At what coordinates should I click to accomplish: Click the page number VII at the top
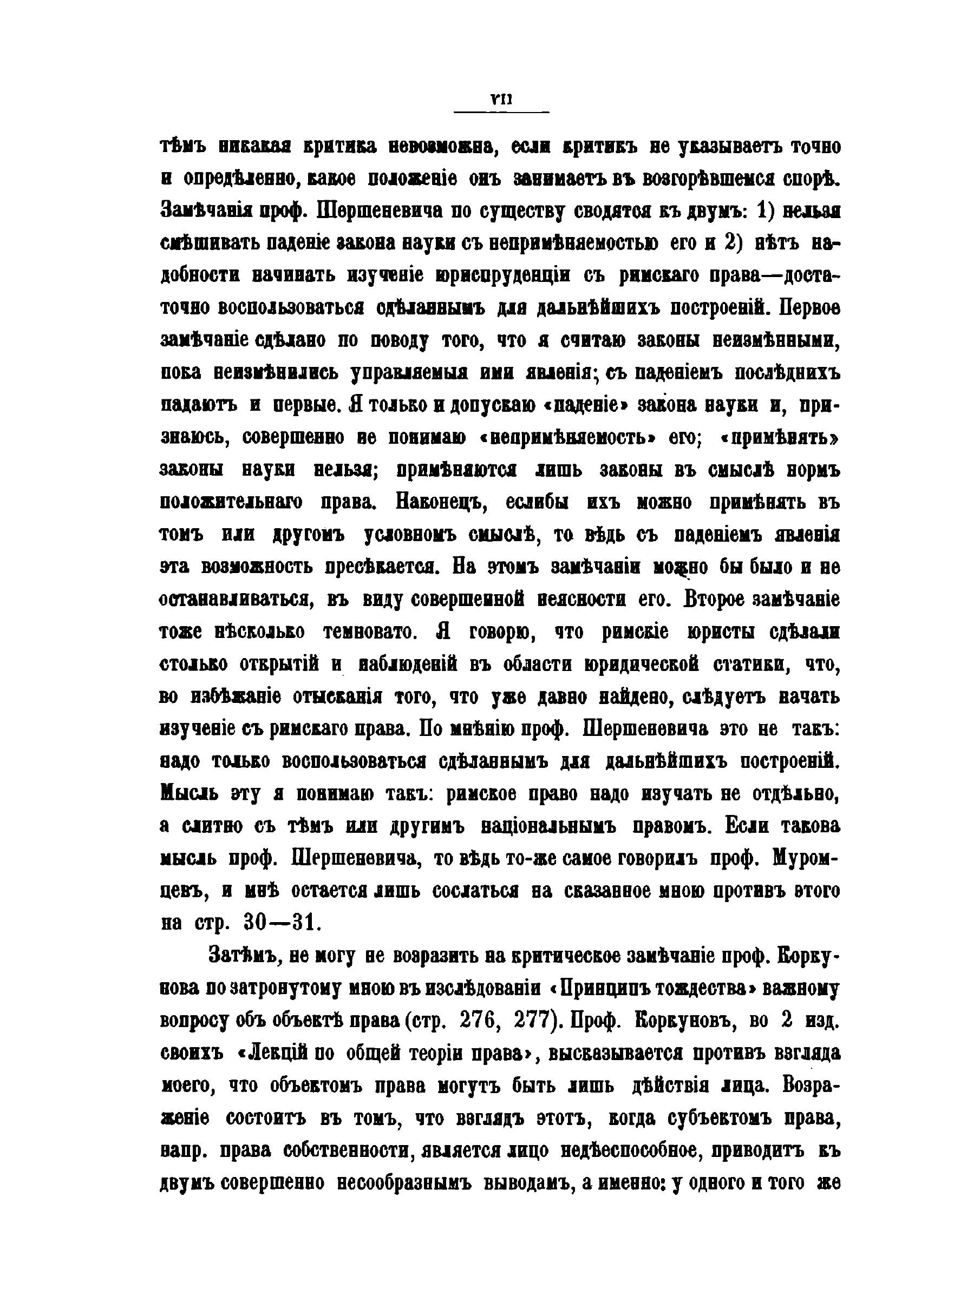501,100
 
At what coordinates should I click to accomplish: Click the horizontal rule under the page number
501,111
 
